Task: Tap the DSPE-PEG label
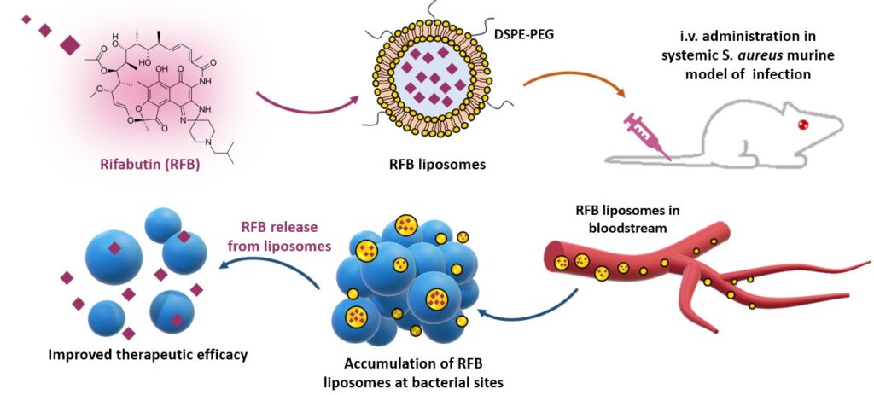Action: tap(520, 32)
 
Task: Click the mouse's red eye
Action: tap(801, 125)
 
